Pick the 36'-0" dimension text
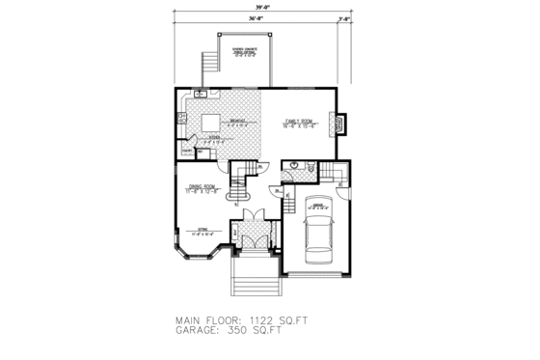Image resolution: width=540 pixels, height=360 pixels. (x=255, y=18)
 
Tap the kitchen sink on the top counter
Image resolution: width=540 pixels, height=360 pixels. (x=200, y=94)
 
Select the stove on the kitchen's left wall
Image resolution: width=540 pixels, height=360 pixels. (x=180, y=118)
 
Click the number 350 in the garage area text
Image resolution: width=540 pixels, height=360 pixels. (x=249, y=333)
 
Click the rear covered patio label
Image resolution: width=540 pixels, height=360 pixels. (x=242, y=52)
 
